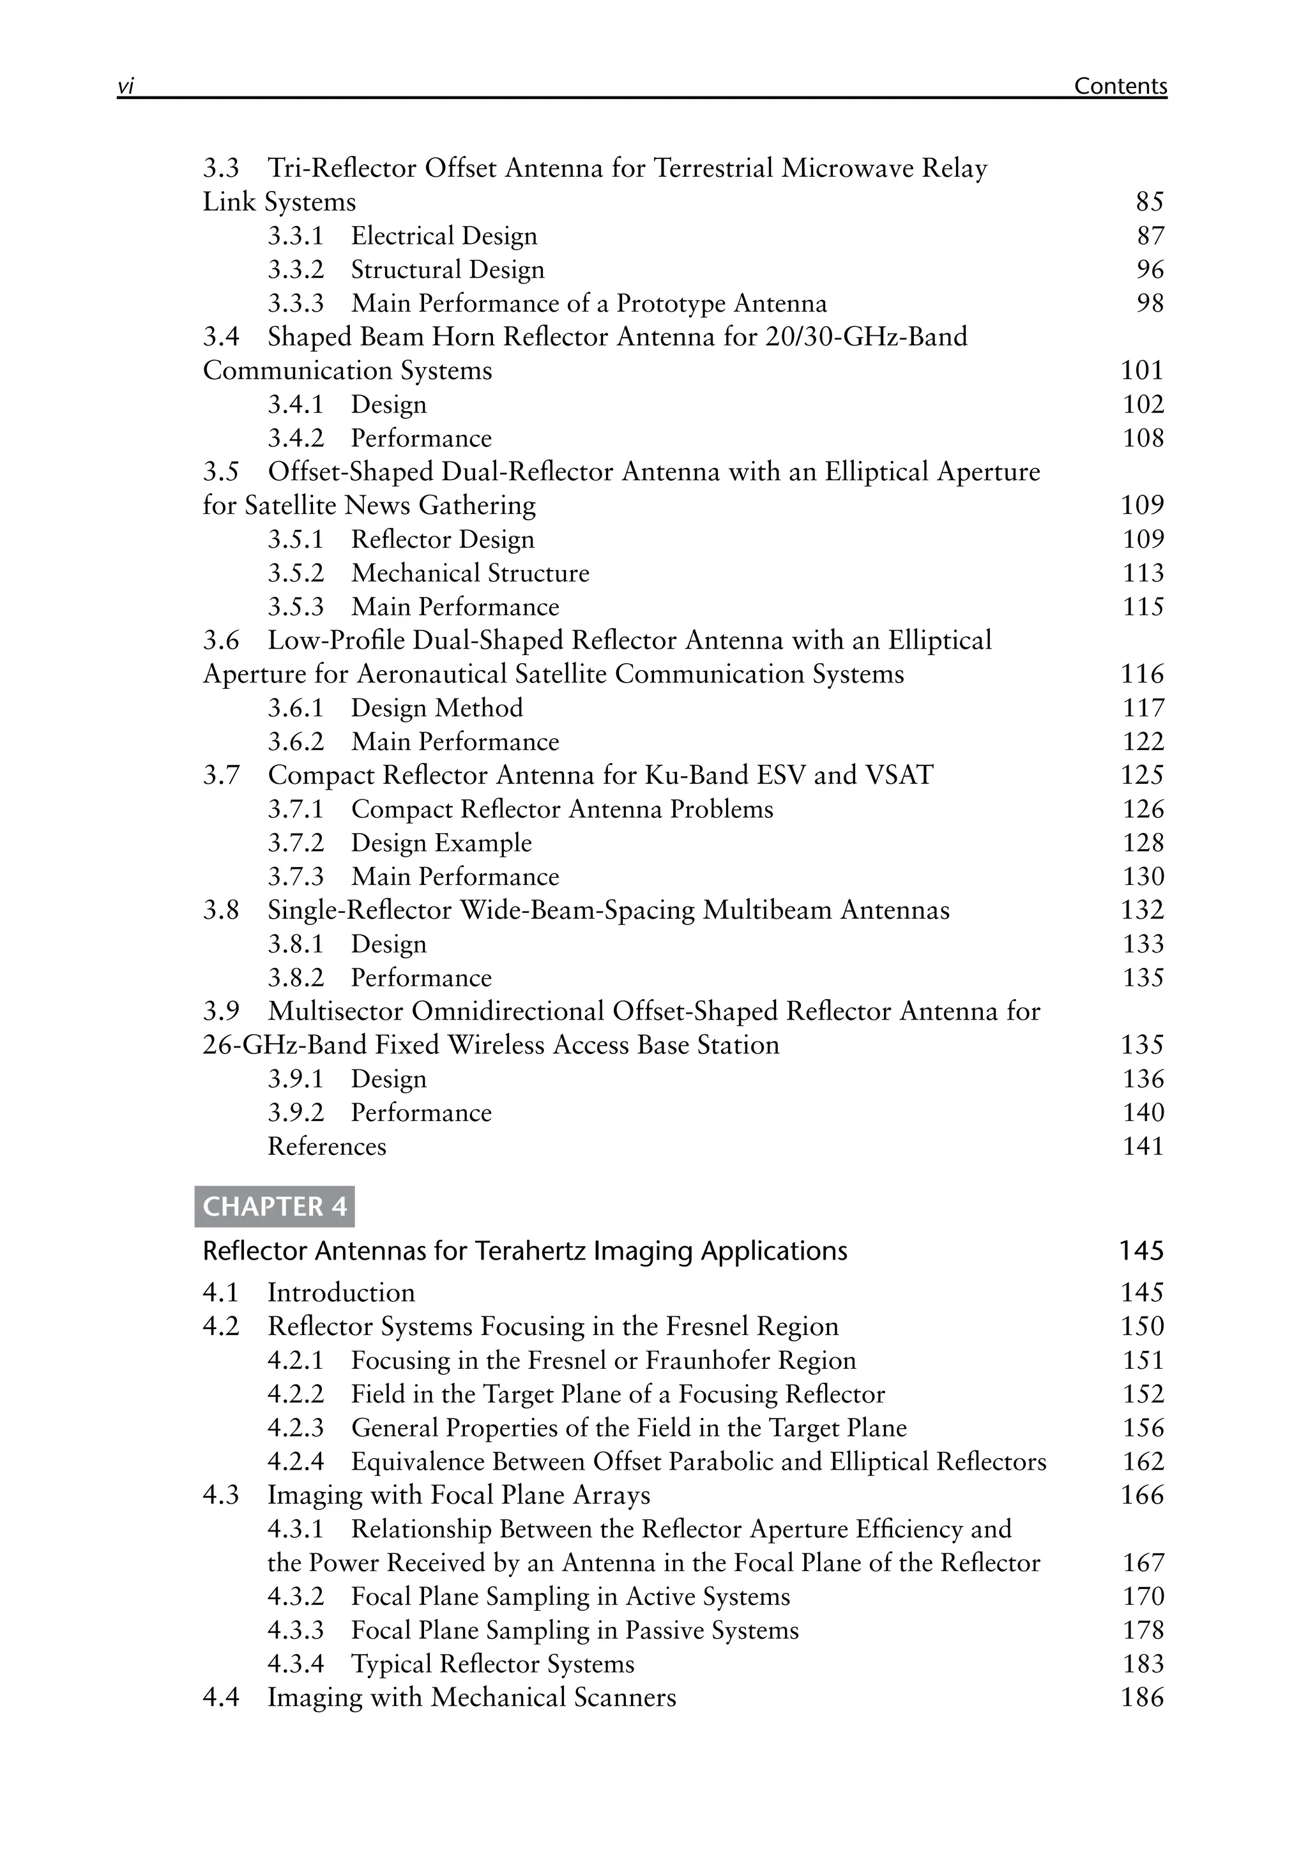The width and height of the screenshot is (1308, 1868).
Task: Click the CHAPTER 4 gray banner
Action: [274, 1206]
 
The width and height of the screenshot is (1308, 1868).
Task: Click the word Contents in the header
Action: [1120, 86]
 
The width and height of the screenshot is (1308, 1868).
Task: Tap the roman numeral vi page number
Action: [125, 86]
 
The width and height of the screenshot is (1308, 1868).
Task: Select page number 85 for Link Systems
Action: [1149, 202]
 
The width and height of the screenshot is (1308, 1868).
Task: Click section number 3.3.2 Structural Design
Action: [296, 269]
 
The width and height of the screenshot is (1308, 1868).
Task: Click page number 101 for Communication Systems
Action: [1142, 370]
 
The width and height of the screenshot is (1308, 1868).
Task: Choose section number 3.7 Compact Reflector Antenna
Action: [220, 774]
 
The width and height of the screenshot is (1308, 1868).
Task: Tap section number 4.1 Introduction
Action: [220, 1293]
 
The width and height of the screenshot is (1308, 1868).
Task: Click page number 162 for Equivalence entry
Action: [1143, 1461]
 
